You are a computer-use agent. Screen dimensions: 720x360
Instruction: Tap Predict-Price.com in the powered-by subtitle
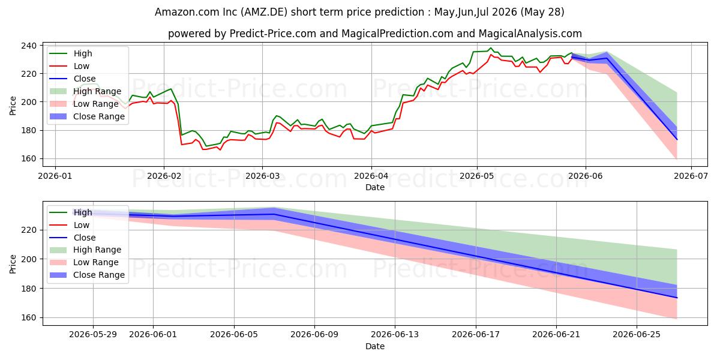click(273, 34)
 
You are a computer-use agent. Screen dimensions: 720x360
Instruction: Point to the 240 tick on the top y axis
click(29, 46)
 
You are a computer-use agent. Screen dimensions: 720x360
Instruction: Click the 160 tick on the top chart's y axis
click(29, 159)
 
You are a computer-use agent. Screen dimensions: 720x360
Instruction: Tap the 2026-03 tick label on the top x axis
click(262, 176)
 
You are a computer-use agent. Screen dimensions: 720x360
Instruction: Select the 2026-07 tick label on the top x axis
click(691, 176)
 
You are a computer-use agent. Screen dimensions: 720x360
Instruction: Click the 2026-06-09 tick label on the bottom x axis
click(314, 335)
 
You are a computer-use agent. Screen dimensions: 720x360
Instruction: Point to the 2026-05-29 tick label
click(93, 335)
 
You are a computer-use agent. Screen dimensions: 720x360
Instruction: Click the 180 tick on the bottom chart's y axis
click(29, 289)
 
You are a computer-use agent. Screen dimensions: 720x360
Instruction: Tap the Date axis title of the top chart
click(375, 187)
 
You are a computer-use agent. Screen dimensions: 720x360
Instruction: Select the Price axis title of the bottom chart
click(13, 264)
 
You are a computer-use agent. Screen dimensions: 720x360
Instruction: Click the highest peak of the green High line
click(491, 48)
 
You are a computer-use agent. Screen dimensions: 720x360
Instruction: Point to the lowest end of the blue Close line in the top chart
click(677, 139)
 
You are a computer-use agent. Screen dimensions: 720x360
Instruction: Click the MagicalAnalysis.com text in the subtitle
click(530, 34)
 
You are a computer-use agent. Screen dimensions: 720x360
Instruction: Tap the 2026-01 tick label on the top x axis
click(55, 176)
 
